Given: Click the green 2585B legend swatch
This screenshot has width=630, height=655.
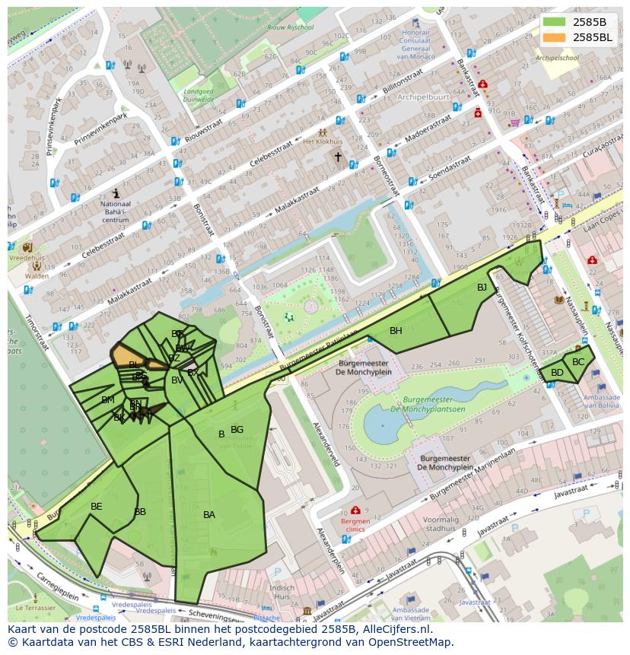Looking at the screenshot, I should click(x=555, y=21).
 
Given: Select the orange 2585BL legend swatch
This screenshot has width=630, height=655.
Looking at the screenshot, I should click(x=555, y=37).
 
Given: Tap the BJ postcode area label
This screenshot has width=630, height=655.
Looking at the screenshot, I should click(x=482, y=288).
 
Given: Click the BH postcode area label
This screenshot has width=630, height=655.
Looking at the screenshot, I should click(x=396, y=331).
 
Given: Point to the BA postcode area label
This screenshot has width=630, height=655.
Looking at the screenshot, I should click(x=209, y=515).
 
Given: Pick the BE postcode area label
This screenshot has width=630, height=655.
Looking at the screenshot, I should click(x=97, y=507).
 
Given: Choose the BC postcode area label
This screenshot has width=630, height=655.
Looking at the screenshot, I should click(x=578, y=362).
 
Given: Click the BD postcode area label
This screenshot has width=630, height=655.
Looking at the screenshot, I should click(x=557, y=373).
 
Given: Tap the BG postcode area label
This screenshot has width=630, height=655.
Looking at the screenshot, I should click(x=237, y=430).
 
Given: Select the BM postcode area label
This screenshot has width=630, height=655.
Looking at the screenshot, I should click(x=108, y=400).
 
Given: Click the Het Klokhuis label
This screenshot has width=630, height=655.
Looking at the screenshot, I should click(x=323, y=141).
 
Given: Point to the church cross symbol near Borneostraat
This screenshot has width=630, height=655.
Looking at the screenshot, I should click(x=338, y=157).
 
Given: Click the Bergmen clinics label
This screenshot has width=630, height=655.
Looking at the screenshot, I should click(x=355, y=526).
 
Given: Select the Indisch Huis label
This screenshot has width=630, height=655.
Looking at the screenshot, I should click(x=282, y=593).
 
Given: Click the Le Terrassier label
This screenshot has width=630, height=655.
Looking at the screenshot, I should click(x=35, y=608).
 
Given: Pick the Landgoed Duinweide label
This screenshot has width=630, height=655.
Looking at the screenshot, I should click(x=199, y=95).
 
